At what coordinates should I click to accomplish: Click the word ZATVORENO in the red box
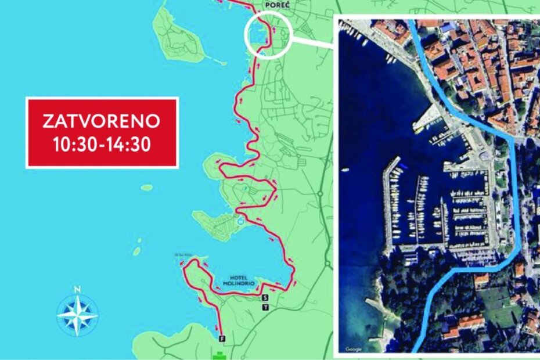(x=102, y=121)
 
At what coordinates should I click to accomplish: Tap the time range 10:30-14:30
(x=102, y=145)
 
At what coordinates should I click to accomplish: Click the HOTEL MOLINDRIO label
(x=239, y=280)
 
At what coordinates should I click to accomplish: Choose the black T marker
(x=265, y=307)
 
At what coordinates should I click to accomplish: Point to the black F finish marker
(x=221, y=337)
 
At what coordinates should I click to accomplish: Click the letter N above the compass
(x=77, y=289)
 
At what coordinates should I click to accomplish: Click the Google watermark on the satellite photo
(x=354, y=349)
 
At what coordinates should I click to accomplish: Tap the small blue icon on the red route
(x=240, y=220)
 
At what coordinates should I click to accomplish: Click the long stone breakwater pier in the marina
(x=388, y=203)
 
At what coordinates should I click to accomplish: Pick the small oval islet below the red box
(x=147, y=188)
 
